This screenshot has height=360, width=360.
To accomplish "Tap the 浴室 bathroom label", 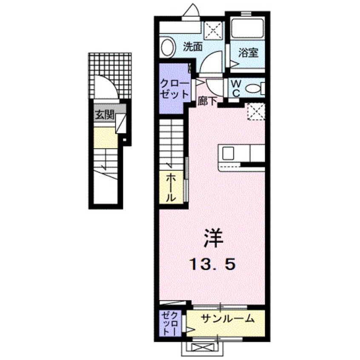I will point(248,54).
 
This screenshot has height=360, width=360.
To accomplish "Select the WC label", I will point(236,88).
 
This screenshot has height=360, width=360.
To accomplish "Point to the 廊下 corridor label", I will point(208,101).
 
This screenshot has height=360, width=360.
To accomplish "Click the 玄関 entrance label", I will point(104,115).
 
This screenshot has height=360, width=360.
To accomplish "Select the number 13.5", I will point(212,265).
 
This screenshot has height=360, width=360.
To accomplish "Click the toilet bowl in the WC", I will point(254,89).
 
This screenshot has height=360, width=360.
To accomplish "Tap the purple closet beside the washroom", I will point(174,88).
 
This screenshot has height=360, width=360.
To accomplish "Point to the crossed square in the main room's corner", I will point(256,112).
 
